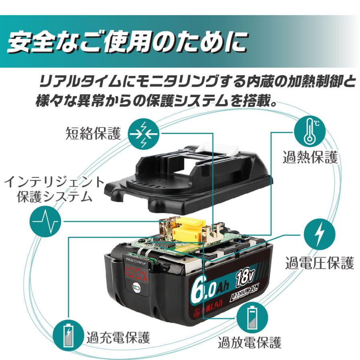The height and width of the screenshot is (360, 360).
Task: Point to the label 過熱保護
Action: [310, 157]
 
